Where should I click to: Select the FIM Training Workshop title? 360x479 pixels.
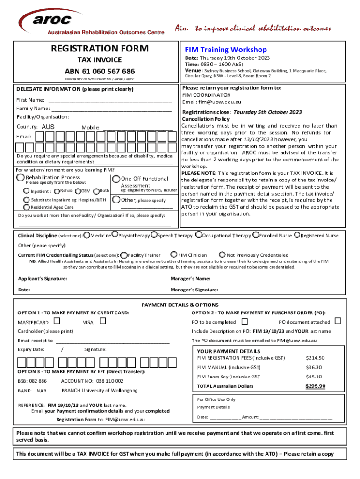225,50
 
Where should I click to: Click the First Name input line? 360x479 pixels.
110,100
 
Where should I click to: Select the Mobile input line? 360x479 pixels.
137,128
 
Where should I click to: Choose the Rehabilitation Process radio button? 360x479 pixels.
21,177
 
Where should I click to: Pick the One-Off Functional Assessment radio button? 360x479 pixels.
115,179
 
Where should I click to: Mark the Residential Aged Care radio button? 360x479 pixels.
27,207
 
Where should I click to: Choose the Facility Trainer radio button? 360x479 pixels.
123,255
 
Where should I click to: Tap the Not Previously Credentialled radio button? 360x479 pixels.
222,255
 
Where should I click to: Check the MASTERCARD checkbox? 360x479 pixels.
57,321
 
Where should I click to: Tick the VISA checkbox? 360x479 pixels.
103,321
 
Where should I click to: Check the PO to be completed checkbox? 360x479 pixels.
245,321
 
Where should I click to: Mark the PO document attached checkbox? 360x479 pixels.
338,321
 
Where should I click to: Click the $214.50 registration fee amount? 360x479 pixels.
315,358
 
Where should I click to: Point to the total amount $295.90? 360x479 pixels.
315,386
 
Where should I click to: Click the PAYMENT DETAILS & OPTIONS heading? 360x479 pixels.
180,305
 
